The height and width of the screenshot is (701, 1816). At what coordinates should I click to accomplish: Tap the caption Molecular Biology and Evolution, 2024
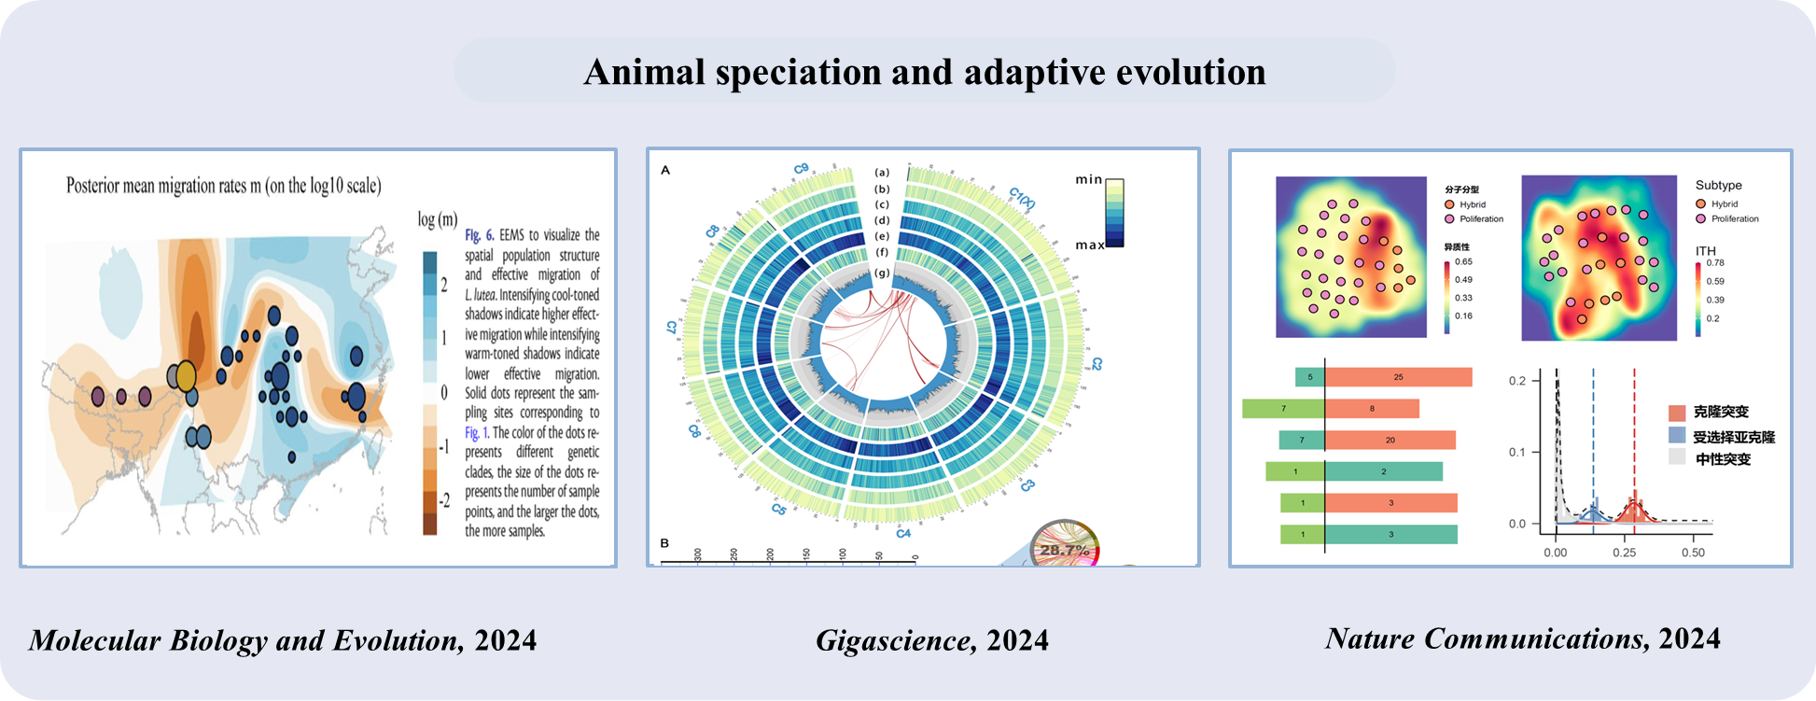pos(283,640)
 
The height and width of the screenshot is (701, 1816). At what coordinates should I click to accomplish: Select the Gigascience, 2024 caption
pos(931,640)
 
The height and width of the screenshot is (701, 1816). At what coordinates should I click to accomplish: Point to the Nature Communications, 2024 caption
pos(1522,638)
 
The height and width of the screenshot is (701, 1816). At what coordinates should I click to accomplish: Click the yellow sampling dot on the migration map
pos(186,376)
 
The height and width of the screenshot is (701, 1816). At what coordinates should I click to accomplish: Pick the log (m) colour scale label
pos(437,219)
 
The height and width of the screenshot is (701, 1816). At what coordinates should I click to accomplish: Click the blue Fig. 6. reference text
pos(479,235)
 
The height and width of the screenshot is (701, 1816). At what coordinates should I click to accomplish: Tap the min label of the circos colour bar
pos(1088,179)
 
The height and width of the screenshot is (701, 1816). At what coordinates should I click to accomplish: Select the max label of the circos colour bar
pos(1089,245)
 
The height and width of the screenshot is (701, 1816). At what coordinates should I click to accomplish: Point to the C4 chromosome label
pos(903,533)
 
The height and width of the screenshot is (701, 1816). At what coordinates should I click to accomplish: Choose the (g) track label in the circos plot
pos(882,273)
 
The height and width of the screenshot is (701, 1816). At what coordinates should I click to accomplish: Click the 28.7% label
pos(1065,550)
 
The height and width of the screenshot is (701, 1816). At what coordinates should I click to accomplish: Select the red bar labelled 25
pos(1398,377)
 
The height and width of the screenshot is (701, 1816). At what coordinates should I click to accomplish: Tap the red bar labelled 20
pos(1390,441)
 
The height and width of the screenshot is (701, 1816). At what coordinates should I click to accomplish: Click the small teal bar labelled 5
pos(1309,377)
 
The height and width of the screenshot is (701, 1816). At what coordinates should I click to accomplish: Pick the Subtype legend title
pos(1718,186)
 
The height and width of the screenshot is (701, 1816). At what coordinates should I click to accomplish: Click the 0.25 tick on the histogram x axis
pos(1624,553)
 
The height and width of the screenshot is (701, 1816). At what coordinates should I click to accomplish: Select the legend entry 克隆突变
pos(1720,413)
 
